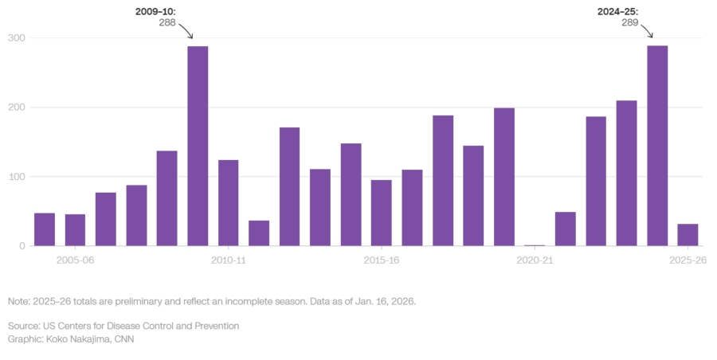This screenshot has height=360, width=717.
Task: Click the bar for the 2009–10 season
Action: click(198, 146)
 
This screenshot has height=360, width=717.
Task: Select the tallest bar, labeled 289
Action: click(657, 146)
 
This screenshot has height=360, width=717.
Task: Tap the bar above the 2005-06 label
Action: click(75, 229)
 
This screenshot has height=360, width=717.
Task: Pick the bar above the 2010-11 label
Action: click(229, 202)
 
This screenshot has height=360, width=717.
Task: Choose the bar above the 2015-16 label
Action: click(382, 213)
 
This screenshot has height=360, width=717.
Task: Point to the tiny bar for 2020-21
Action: click(535, 245)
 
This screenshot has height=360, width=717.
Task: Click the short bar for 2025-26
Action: click(688, 235)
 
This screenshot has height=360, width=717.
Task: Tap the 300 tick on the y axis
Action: click(16, 38)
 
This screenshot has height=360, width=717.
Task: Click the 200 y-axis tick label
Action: click(16, 108)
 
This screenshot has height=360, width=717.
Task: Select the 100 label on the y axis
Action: click(16, 177)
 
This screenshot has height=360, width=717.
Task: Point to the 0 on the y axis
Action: click(22, 246)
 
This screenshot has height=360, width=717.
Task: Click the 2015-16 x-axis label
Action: click(382, 260)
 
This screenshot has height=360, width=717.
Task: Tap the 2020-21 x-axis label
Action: click(535, 260)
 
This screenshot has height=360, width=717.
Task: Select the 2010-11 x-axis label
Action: click(229, 260)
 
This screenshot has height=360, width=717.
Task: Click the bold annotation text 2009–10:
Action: click(156, 11)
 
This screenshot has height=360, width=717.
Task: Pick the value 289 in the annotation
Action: click(629, 22)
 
